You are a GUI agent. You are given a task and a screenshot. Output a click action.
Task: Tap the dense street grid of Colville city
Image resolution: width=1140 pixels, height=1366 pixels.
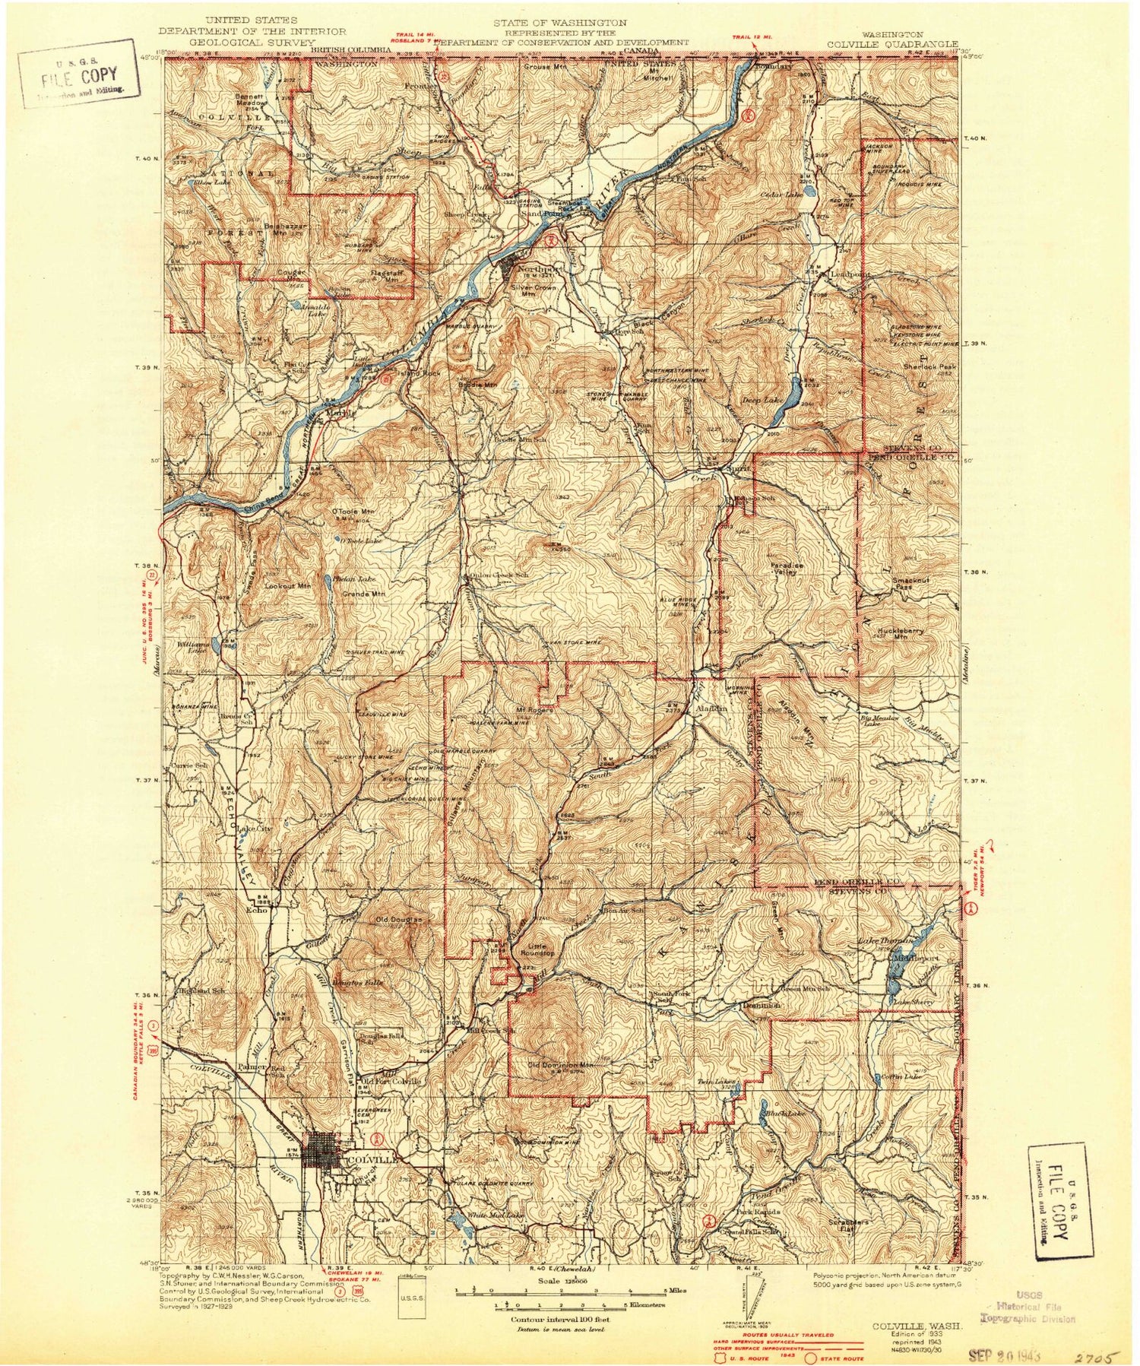324,1156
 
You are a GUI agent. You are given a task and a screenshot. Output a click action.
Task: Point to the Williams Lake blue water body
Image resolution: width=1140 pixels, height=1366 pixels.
217,645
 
